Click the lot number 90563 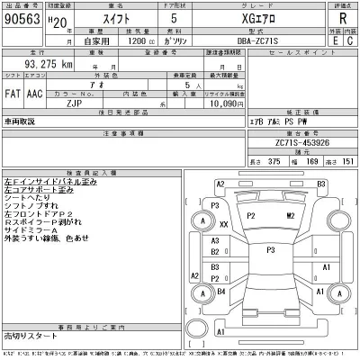[x=25, y=19]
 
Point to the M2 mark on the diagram [x=290, y=216]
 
